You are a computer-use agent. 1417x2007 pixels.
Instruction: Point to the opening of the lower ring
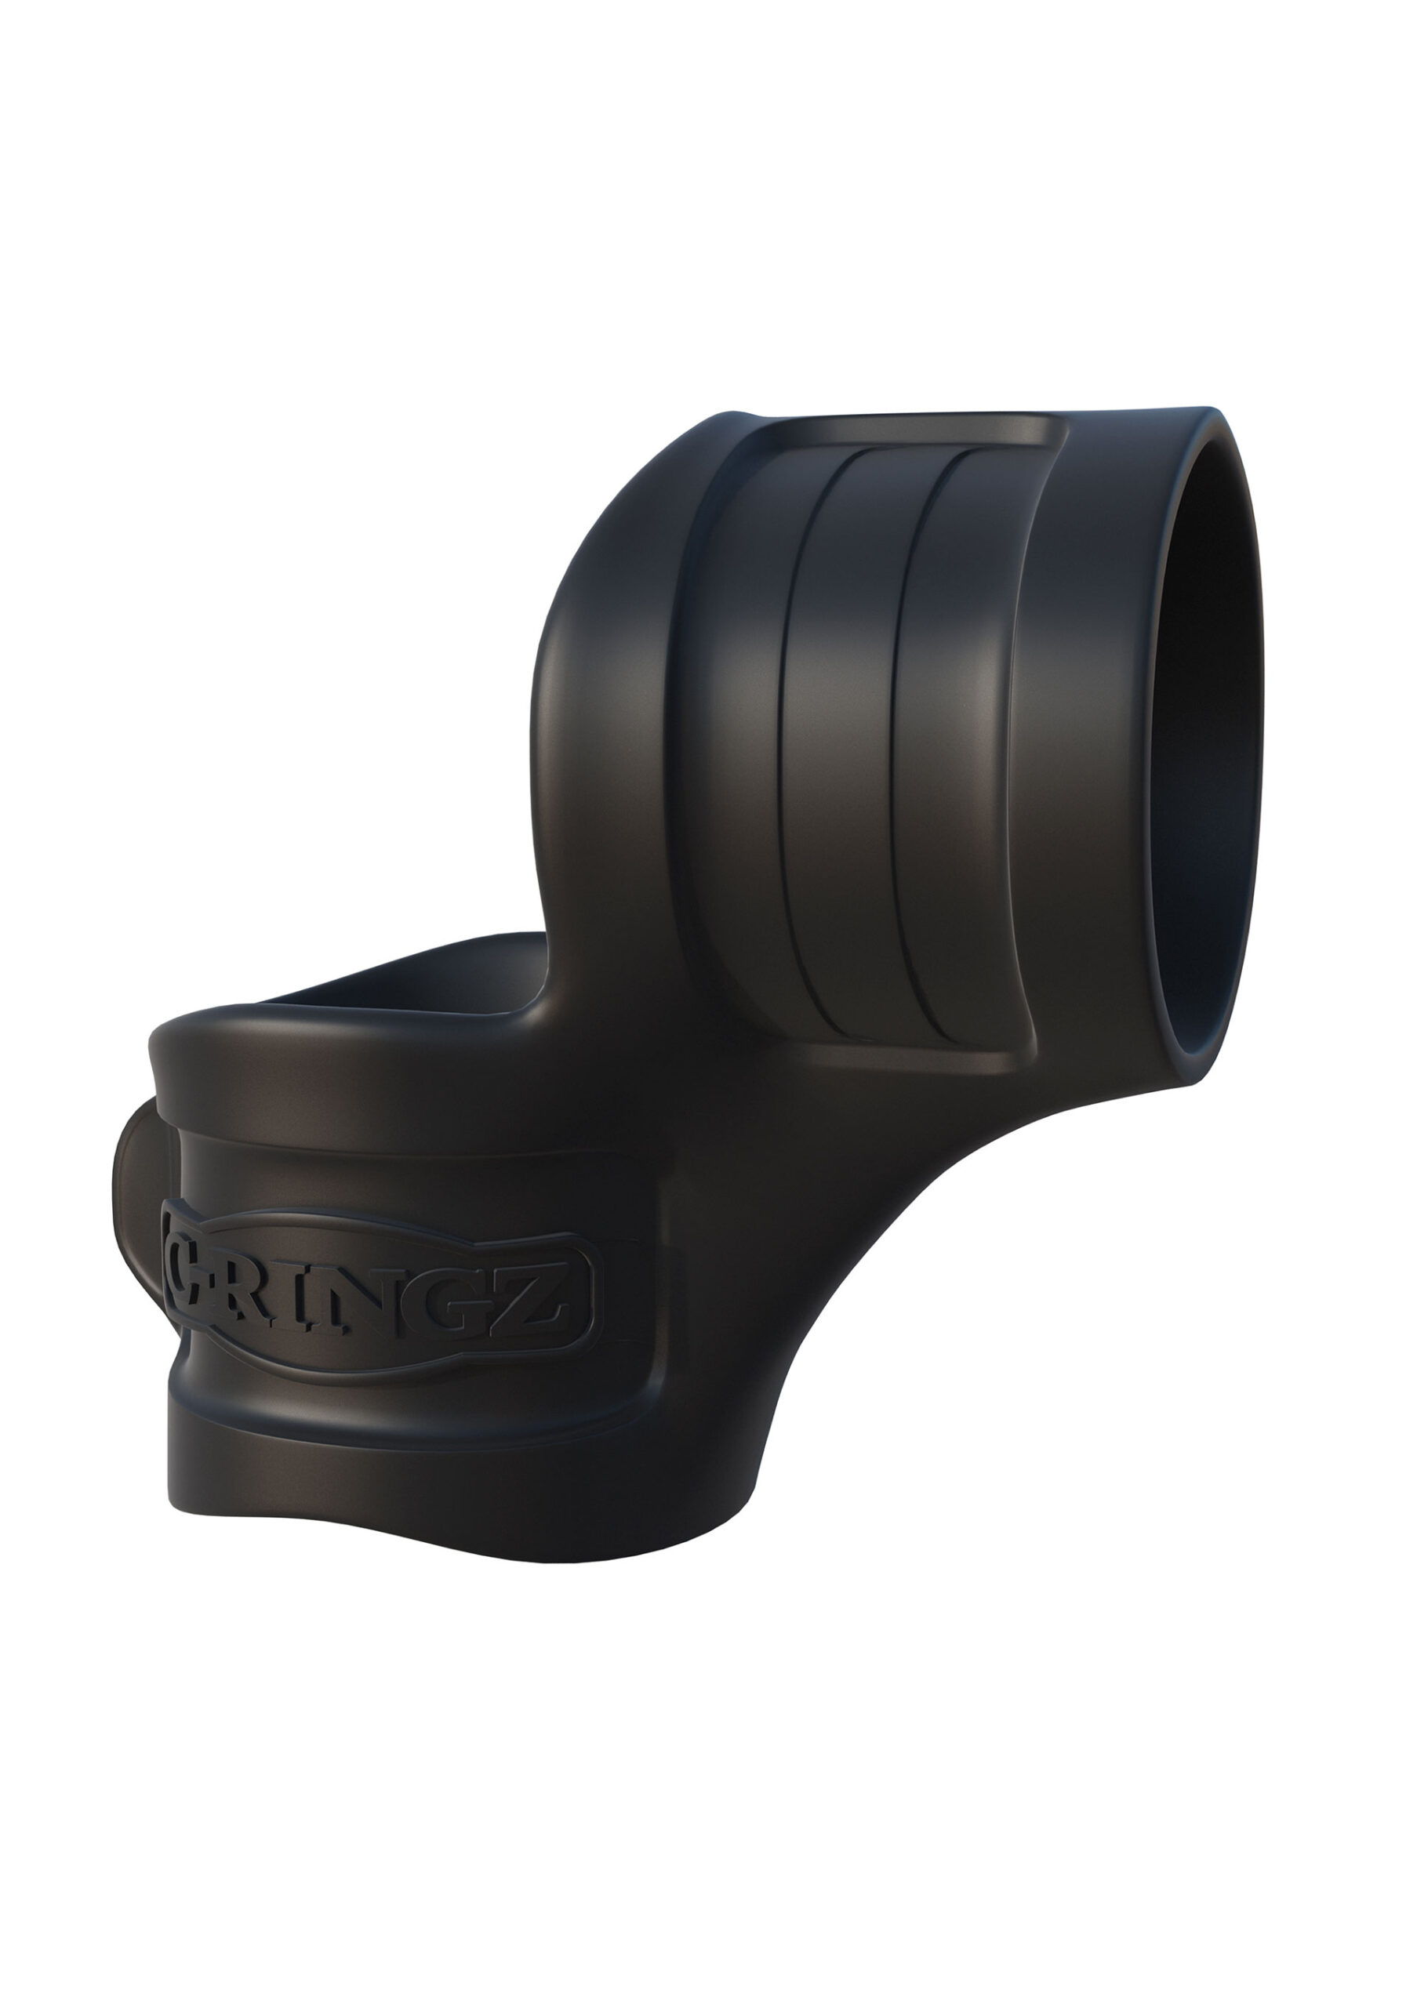[394, 983]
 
